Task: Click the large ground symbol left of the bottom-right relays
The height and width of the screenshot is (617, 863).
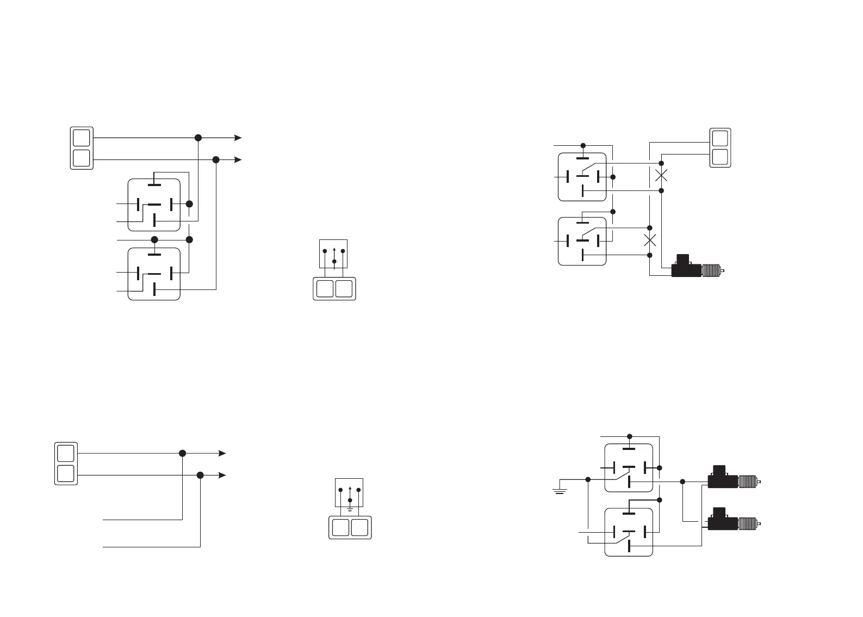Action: (x=560, y=490)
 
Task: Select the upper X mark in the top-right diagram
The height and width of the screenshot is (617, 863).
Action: (x=661, y=175)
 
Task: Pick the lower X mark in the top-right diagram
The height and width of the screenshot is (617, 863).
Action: (x=649, y=240)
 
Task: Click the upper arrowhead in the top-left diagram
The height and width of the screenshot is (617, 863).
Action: (x=238, y=138)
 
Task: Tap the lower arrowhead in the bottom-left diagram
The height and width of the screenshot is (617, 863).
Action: (x=222, y=476)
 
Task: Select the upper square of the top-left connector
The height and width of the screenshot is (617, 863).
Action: (x=82, y=138)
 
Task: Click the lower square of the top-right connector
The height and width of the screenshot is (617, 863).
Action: (x=720, y=157)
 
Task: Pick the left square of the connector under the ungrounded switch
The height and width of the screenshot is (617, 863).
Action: (x=325, y=288)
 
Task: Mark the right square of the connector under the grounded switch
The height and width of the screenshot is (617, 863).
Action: (x=359, y=528)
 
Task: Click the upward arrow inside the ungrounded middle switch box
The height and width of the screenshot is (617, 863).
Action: (x=334, y=253)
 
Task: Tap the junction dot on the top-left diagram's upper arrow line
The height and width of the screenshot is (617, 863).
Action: (x=198, y=138)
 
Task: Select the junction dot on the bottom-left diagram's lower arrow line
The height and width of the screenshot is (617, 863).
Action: (x=200, y=476)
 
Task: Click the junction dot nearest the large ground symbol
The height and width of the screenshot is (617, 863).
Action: (x=588, y=479)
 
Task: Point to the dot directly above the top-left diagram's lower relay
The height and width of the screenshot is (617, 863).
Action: (x=154, y=239)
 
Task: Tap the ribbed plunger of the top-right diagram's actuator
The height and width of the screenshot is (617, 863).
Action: (x=710, y=270)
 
